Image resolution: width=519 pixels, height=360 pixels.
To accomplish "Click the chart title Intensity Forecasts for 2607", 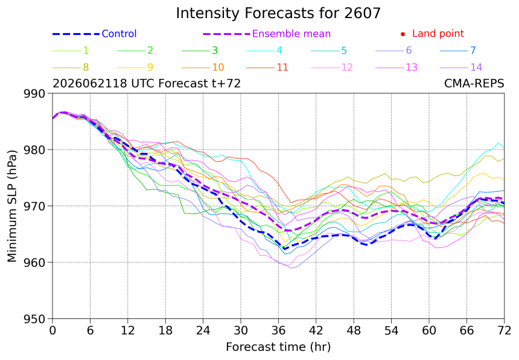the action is pyautogui.click(x=278, y=13).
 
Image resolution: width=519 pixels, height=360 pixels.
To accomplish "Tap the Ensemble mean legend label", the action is pyautogui.click(x=291, y=34).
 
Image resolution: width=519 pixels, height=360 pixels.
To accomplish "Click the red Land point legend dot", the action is pyautogui.click(x=403, y=34).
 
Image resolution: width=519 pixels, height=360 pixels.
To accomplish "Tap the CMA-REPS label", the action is pyautogui.click(x=474, y=83).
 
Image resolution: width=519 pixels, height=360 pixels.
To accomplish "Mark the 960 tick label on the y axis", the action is pyautogui.click(x=34, y=263).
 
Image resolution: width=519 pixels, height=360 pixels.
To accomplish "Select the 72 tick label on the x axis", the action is pyautogui.click(x=504, y=330).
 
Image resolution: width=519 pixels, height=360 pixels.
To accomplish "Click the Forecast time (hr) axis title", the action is pyautogui.click(x=278, y=347).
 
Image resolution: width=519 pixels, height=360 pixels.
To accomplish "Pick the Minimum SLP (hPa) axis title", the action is pyautogui.click(x=12, y=206).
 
